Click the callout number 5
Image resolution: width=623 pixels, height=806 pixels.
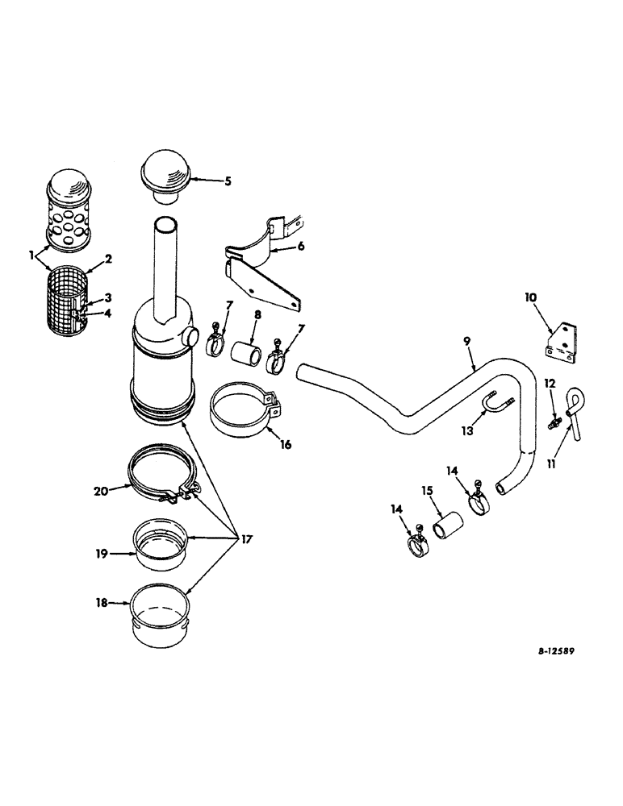pyautogui.click(x=228, y=182)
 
